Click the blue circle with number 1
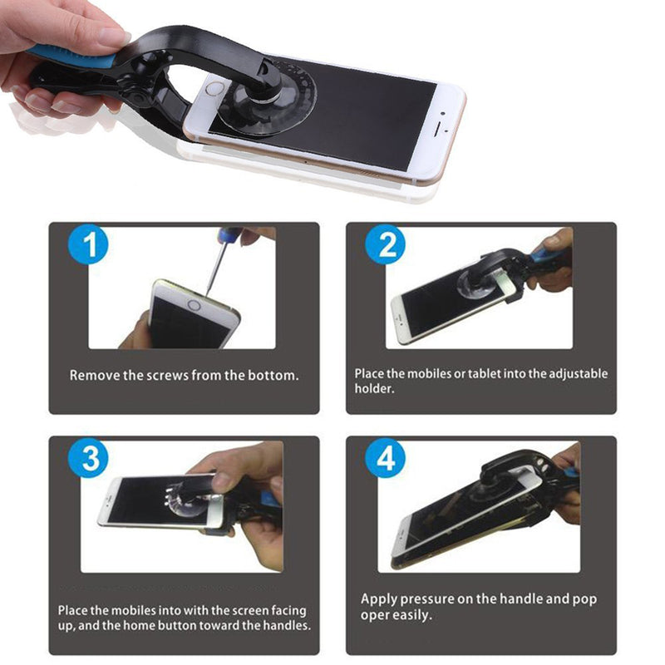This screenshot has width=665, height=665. click(x=89, y=244)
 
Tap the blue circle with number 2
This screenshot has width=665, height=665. click(x=386, y=244)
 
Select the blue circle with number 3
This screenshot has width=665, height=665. click(x=89, y=458)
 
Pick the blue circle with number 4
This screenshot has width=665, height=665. click(x=386, y=459)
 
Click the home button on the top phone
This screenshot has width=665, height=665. click(x=215, y=89)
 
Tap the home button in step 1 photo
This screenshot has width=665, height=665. click(x=194, y=305)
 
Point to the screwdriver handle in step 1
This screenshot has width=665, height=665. click(x=229, y=234)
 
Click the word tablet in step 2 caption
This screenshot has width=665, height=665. click(x=485, y=373)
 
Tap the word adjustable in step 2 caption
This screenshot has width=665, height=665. click(x=578, y=374)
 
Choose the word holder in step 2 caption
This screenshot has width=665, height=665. click(x=375, y=388)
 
